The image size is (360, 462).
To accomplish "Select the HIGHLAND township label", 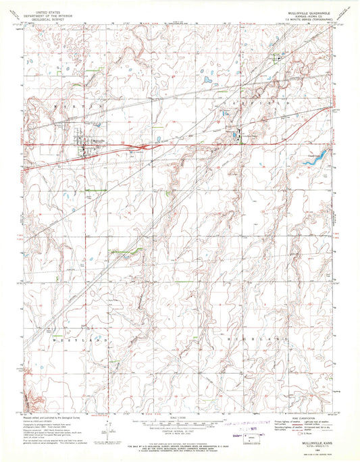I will pos(272,336).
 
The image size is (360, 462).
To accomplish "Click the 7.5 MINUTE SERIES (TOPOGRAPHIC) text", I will pos(304,20).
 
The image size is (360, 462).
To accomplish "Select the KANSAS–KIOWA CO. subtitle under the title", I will pos(304,14).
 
